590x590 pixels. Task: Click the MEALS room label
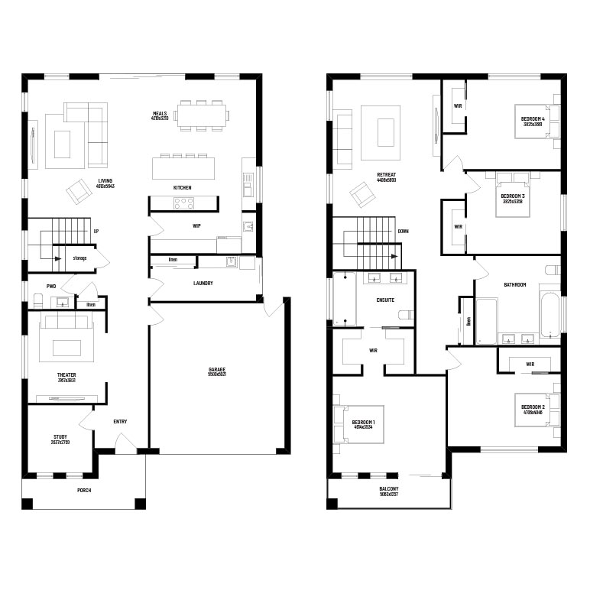tap(159, 114)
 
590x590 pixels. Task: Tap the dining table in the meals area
tap(202, 115)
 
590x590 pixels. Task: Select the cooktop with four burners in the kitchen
tap(184, 203)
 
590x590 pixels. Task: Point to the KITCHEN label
tap(182, 187)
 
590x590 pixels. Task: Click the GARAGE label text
tap(217, 370)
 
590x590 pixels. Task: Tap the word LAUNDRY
tap(203, 283)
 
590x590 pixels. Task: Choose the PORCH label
tap(84, 490)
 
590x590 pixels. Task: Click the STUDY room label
tap(60, 438)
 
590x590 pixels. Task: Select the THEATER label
tap(66, 375)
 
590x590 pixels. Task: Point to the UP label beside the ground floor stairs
tap(96, 231)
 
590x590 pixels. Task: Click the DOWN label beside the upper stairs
tap(403, 230)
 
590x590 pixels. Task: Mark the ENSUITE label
tap(385, 300)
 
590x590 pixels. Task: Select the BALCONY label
tap(388, 489)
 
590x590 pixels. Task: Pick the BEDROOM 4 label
tap(533, 120)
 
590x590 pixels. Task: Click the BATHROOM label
tap(514, 285)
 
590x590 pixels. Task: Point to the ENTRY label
tap(120, 421)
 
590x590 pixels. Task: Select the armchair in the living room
tap(77, 191)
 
